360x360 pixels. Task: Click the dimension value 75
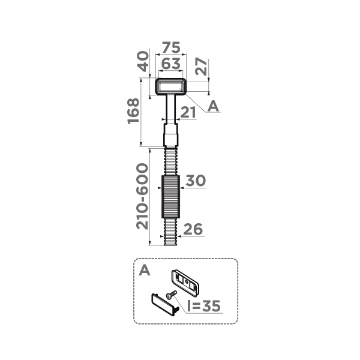coord(171,47)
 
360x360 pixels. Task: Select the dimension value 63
coord(171,64)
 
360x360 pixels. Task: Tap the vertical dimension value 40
coord(143,61)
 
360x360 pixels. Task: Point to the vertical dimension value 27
coord(202,67)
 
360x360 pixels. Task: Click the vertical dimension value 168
coord(133,112)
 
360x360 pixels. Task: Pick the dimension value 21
coord(188,112)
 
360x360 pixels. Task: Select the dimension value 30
coord(196,181)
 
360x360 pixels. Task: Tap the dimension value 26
coord(193,229)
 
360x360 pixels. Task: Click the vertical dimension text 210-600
coord(142,196)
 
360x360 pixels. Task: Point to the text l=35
coord(204,306)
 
